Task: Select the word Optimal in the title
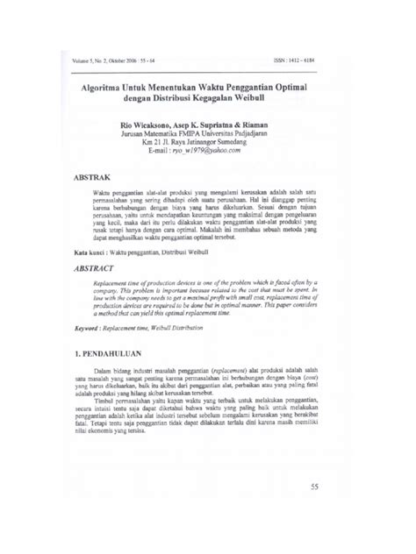click(300, 88)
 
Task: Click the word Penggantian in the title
click(246, 88)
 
